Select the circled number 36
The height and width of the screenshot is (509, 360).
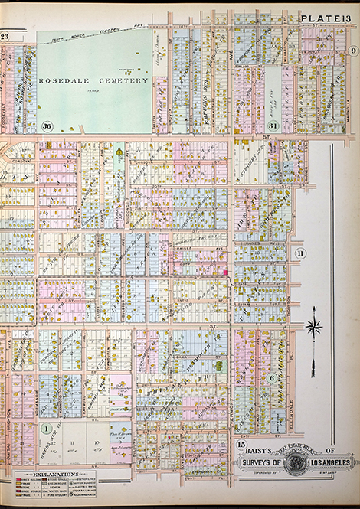coord(47,126)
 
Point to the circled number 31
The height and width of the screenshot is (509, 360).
coord(273,126)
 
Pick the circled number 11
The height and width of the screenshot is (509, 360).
coord(300,253)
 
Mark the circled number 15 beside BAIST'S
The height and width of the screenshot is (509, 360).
coord(240,445)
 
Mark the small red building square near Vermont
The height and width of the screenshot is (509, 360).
coord(225,272)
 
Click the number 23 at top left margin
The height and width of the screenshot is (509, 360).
coord(5,36)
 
